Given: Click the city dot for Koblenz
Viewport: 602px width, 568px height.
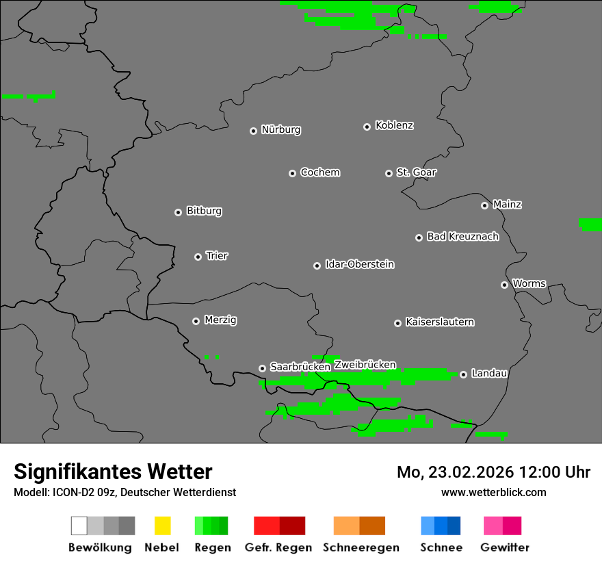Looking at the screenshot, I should pyautogui.click(x=367, y=127).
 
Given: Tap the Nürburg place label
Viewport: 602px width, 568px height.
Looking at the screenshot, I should pyautogui.click(x=281, y=129).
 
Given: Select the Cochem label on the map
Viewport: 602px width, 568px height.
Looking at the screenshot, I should pyautogui.click(x=320, y=172).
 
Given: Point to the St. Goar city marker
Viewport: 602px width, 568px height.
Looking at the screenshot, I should pyautogui.click(x=389, y=173).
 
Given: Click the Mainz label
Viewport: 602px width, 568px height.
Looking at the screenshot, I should pyautogui.click(x=507, y=205).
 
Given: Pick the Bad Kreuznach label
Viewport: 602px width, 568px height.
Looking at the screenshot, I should pyautogui.click(x=462, y=237).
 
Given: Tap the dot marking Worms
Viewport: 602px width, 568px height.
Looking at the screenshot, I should pyautogui.click(x=504, y=285).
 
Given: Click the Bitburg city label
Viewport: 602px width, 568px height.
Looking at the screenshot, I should pyautogui.click(x=204, y=211).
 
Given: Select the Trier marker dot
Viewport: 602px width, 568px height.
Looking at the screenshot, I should pyautogui.click(x=198, y=257).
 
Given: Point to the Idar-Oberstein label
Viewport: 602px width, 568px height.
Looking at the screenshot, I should pyautogui.click(x=360, y=264).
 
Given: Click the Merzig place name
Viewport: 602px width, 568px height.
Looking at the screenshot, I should pyautogui.click(x=220, y=320).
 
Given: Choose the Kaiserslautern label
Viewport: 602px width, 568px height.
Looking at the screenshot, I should pyautogui.click(x=440, y=322).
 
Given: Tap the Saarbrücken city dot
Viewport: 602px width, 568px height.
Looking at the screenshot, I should pyautogui.click(x=262, y=368).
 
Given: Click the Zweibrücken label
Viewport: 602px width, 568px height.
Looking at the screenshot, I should pyautogui.click(x=365, y=365).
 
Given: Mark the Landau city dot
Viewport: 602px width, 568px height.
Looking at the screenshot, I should pyautogui.click(x=463, y=374).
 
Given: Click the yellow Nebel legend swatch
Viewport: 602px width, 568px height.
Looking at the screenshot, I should pyautogui.click(x=162, y=526).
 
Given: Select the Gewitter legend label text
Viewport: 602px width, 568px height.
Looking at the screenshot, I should pyautogui.click(x=505, y=547).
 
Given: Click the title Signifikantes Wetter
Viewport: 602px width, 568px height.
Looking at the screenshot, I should pyautogui.click(x=113, y=472).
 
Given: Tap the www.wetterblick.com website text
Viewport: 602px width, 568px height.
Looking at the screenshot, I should pyautogui.click(x=493, y=492).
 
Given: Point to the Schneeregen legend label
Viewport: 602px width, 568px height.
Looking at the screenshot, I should pyautogui.click(x=361, y=547).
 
